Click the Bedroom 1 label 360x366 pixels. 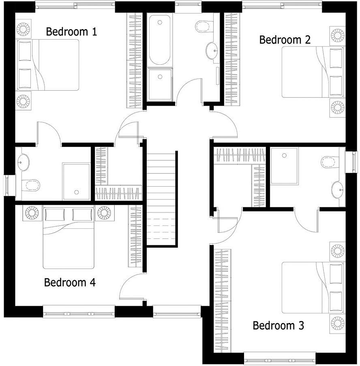click(71, 32)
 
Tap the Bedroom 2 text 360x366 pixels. click(285, 40)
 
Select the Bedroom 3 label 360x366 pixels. click(279, 325)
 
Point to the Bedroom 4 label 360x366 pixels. click(70, 282)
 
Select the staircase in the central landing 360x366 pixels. click(162, 198)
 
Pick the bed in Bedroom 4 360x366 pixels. click(69, 239)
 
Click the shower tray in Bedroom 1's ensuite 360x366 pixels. click(76, 181)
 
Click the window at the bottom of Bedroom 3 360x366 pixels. click(280, 358)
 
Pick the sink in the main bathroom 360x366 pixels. click(212, 51)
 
